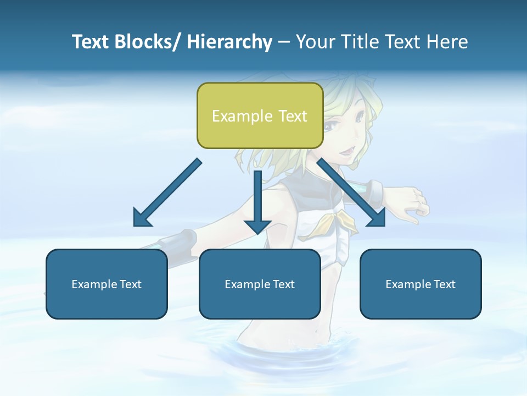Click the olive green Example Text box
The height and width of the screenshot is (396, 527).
coord(260,116)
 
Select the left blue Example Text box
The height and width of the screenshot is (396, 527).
coord(106,284)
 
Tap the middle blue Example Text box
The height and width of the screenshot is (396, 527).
coord(260,284)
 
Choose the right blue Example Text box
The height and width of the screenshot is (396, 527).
coord(421,284)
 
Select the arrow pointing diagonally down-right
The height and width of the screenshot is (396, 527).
coord(351,193)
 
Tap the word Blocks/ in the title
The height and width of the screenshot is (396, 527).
coord(148,42)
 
